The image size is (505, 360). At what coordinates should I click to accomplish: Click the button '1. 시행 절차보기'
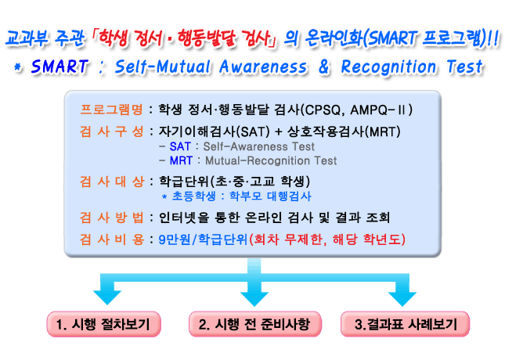pyautogui.click(x=103, y=324)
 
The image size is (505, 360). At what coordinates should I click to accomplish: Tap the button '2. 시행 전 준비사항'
pyautogui.click(x=254, y=324)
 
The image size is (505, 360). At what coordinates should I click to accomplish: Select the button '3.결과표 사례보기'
pyautogui.click(x=405, y=324)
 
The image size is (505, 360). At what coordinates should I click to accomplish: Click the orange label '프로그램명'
pyautogui.click(x=111, y=110)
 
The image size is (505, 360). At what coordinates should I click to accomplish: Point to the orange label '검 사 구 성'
pyautogui.click(x=111, y=131)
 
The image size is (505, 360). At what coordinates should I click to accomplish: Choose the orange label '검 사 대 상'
pyautogui.click(x=111, y=182)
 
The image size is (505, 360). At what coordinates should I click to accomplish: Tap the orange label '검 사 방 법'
pyautogui.click(x=111, y=218)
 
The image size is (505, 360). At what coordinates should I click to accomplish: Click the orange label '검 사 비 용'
pyautogui.click(x=111, y=239)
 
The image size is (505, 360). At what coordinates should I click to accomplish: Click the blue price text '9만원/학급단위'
pyautogui.click(x=204, y=239)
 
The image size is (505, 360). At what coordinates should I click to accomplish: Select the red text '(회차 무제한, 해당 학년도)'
pyautogui.click(x=327, y=239)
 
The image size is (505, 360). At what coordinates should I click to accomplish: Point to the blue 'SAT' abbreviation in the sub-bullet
pyautogui.click(x=180, y=146)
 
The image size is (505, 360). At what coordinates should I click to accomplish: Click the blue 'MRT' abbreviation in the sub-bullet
pyautogui.click(x=181, y=160)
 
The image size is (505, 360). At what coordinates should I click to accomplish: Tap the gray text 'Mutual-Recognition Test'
pyautogui.click(x=271, y=160)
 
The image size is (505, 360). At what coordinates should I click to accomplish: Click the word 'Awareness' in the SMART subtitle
pyautogui.click(x=263, y=67)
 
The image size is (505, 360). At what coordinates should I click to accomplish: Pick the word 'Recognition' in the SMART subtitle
pyautogui.click(x=389, y=67)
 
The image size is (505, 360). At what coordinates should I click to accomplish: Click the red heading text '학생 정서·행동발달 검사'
pyautogui.click(x=184, y=38)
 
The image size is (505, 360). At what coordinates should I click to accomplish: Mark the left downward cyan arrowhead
pyautogui.click(x=107, y=297)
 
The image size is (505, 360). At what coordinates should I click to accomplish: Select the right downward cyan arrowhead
pyautogui.click(x=402, y=299)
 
